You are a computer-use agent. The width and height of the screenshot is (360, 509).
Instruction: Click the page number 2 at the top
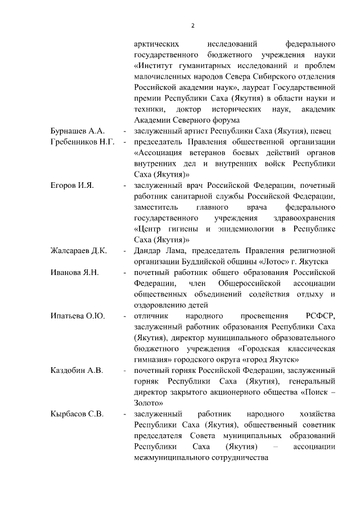pos(192,25)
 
